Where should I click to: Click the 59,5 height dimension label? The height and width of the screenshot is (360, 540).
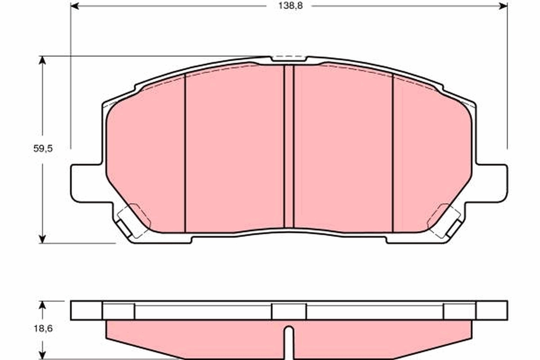pos(43,149)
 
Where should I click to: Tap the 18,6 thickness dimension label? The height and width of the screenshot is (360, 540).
pos(43,329)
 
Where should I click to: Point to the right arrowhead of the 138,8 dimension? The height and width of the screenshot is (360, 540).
pos(504,7)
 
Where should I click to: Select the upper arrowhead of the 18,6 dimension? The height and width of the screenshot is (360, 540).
pos(43,305)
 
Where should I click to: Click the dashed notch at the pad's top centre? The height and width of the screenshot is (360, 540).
pos(289,59)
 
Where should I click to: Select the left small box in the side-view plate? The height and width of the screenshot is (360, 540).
pos(118,311)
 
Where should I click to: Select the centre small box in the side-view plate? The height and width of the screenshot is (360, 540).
pos(289,311)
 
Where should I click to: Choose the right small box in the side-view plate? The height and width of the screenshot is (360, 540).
pos(459,311)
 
